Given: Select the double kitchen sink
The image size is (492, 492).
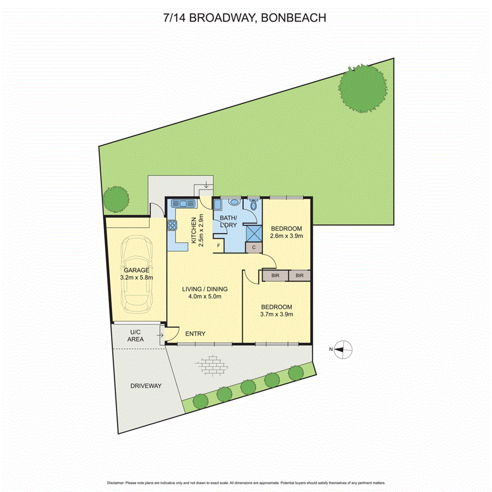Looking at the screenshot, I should click(x=184, y=204).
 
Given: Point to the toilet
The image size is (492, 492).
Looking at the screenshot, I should click(x=253, y=204).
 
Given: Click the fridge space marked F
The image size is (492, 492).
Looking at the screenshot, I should click(x=219, y=246).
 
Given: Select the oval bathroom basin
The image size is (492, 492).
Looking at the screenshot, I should click(x=235, y=202).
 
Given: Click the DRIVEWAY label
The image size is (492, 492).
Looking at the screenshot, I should click(x=146, y=386).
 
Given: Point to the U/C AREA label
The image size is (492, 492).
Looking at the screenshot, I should click(x=136, y=336).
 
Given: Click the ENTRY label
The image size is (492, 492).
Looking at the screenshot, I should click(x=195, y=334).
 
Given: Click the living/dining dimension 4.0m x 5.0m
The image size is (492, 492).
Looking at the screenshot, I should click(x=205, y=297).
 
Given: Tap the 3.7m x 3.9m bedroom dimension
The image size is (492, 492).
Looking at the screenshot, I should click(x=276, y=314).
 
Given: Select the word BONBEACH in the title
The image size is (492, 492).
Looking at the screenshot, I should click(x=294, y=17).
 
